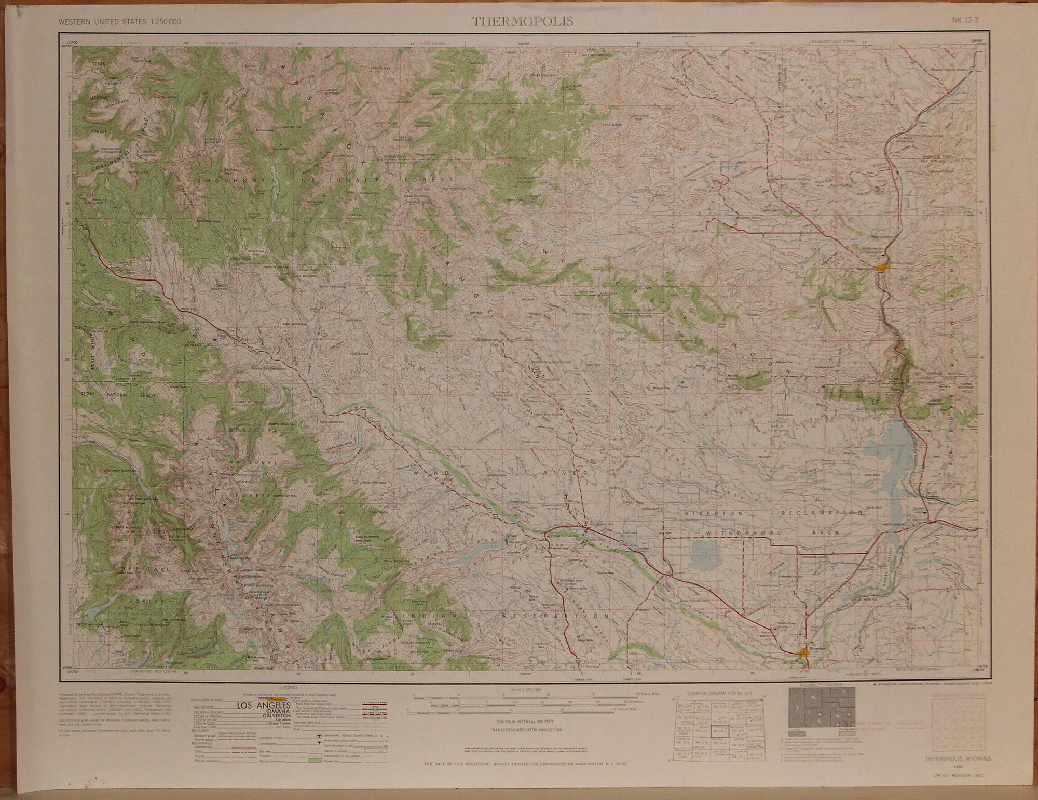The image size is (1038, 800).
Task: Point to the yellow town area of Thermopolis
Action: point(882,268)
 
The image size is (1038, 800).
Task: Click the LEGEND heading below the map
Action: point(288,688)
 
